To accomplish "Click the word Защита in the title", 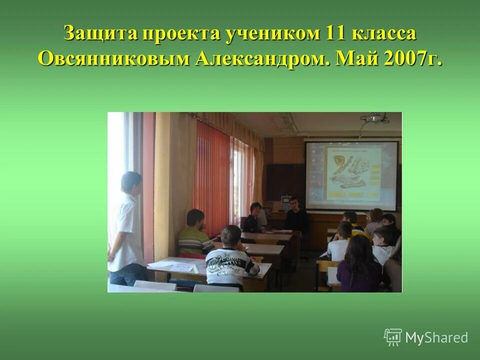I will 99,34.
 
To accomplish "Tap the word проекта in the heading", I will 179,34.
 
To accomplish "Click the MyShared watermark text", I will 436,337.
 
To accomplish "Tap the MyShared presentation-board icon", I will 393,337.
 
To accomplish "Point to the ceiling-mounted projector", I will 375,120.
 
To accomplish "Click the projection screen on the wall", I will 351,175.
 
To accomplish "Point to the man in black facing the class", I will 296,216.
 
